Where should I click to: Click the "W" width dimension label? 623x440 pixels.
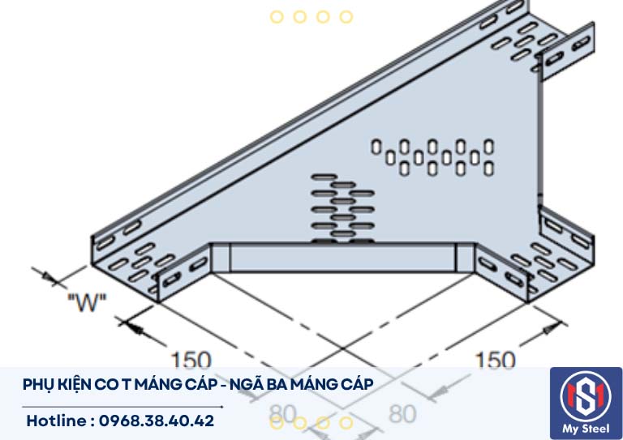[87, 305]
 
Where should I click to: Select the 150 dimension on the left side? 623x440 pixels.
[190, 360]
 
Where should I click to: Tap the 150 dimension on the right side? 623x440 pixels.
[495, 360]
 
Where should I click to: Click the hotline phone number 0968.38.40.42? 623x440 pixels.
[154, 421]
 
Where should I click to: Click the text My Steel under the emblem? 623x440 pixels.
[586, 428]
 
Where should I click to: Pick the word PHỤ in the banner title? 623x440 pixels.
[38, 384]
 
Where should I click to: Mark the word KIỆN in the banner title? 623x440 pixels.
[75, 384]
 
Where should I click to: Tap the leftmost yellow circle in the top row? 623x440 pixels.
[277, 16]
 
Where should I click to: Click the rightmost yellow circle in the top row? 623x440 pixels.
[346, 16]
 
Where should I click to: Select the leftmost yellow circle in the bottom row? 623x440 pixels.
[277, 422]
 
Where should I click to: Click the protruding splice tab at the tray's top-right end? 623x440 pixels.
[565, 52]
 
